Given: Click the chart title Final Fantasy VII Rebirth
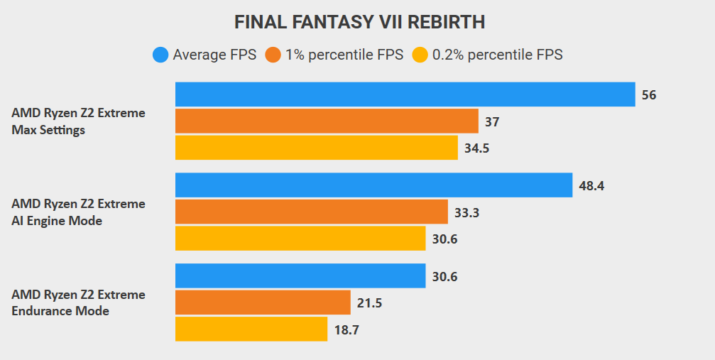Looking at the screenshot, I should click(x=359, y=22).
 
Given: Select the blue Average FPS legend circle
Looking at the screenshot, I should click(x=160, y=55).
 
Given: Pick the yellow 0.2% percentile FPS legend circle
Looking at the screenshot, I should click(x=420, y=55).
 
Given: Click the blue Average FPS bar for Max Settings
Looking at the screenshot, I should click(x=405, y=94).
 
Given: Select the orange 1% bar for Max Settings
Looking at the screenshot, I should click(x=327, y=121).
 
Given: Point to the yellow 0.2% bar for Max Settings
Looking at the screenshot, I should click(x=316, y=148).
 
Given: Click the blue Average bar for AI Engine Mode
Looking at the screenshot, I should click(x=373, y=185).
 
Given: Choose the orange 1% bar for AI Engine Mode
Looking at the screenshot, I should click(x=311, y=212).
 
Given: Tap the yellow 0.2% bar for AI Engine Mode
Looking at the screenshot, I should click(x=300, y=239).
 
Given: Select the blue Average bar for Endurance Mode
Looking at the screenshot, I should click(x=300, y=276).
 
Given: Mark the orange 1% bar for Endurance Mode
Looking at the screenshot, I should click(x=263, y=302).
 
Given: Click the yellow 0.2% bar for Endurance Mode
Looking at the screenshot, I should click(x=251, y=329).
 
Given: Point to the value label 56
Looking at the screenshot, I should click(x=649, y=95).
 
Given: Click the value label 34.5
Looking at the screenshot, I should click(x=478, y=148).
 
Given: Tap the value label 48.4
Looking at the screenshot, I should click(x=591, y=186).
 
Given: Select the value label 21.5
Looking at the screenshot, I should click(x=370, y=303).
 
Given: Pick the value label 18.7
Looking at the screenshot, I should click(x=347, y=329).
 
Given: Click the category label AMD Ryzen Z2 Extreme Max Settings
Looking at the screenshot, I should click(x=78, y=121).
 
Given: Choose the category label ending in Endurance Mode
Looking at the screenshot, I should click(x=78, y=302).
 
